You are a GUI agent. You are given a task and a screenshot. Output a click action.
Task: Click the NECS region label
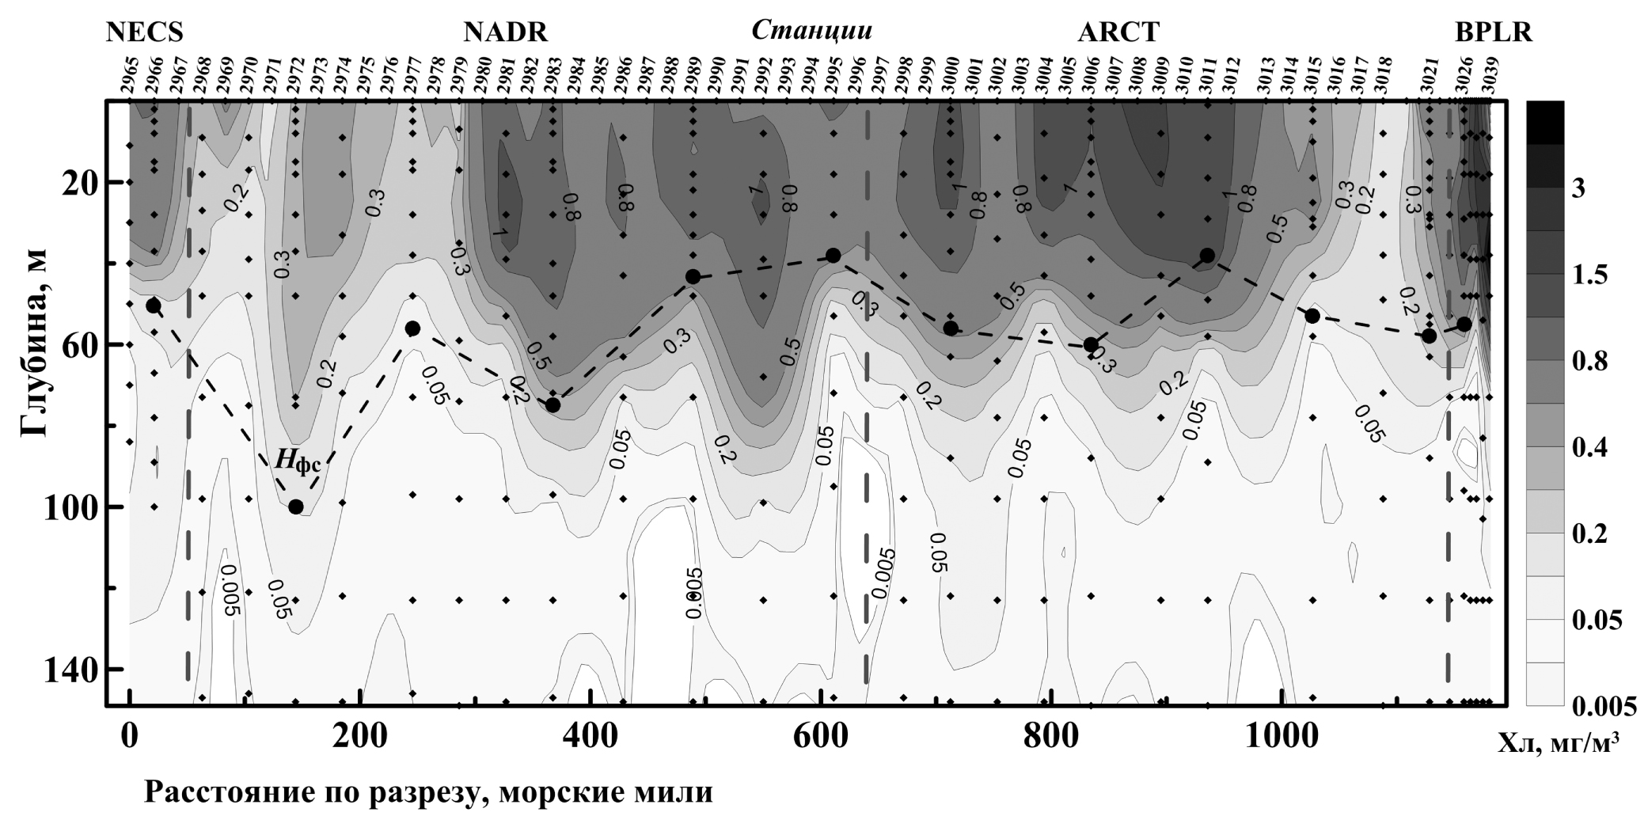(145, 32)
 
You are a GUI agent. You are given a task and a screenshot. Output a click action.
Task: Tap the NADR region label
(505, 32)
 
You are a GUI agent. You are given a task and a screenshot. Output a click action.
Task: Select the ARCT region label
(1118, 32)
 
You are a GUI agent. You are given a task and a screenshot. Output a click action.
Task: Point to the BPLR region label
(1493, 32)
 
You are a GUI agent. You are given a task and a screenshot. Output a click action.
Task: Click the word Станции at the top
(811, 31)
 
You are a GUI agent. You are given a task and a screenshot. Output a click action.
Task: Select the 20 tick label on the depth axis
(78, 182)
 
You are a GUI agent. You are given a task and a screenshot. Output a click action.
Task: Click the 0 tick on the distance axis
(129, 737)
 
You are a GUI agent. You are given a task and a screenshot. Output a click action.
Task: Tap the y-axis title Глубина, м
(33, 344)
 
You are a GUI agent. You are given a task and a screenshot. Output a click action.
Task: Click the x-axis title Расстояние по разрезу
(428, 791)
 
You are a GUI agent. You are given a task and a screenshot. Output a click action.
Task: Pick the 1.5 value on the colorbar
(1591, 275)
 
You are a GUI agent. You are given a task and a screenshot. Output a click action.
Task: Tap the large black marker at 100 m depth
(296, 507)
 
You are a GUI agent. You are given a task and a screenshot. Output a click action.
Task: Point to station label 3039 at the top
(1489, 76)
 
